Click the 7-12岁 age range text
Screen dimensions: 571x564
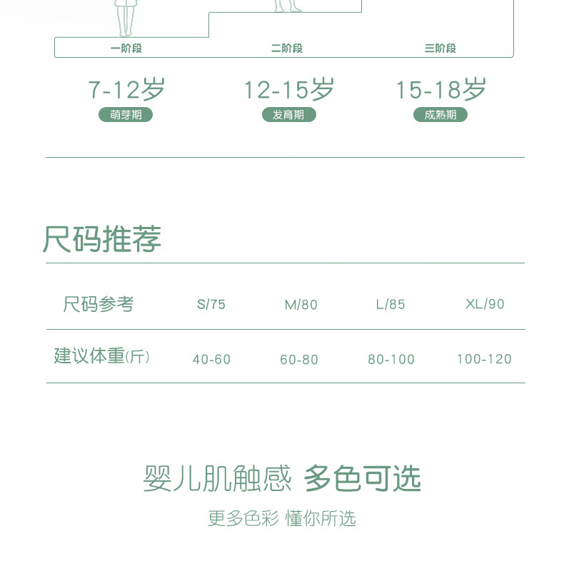(x=126, y=90)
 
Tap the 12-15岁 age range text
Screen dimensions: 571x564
(x=288, y=90)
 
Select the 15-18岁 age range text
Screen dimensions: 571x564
(x=440, y=90)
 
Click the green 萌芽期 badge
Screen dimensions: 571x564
(x=126, y=115)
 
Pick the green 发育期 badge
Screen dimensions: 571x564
(x=288, y=115)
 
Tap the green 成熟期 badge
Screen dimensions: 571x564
(x=440, y=115)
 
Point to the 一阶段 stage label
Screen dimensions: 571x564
(x=126, y=49)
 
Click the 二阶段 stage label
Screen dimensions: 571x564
(x=287, y=49)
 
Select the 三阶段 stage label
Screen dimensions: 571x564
(x=440, y=49)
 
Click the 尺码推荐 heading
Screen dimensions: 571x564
(x=102, y=239)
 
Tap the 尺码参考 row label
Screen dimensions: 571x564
(x=99, y=304)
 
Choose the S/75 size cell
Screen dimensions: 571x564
(x=211, y=305)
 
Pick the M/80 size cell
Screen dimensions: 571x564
(x=301, y=305)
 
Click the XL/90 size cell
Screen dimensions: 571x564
(x=485, y=304)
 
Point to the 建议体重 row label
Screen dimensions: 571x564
(x=102, y=356)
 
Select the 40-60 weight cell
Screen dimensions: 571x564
(x=211, y=360)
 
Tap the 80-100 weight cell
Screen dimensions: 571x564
(x=391, y=360)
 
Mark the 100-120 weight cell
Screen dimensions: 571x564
(x=484, y=359)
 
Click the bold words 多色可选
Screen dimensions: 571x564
(x=363, y=478)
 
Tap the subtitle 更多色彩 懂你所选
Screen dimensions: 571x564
(x=282, y=518)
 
